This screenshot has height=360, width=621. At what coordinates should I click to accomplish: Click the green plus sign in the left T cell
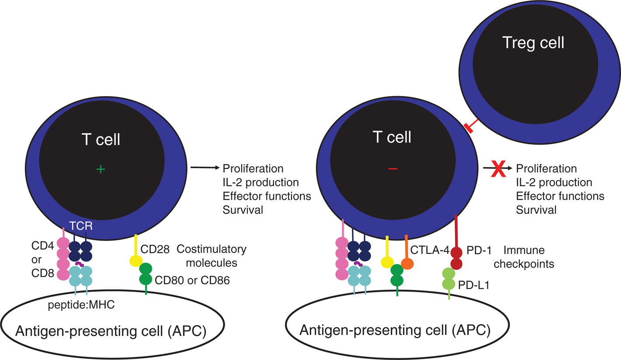[x=101, y=169]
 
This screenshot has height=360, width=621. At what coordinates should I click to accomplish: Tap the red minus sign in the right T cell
[x=393, y=169]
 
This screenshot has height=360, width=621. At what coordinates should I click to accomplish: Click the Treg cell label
[x=533, y=43]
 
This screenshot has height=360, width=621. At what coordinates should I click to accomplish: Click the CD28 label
[x=153, y=249]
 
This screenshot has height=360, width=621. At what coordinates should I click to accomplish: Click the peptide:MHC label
[x=81, y=305]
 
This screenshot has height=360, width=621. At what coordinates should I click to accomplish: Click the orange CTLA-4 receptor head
[x=407, y=264]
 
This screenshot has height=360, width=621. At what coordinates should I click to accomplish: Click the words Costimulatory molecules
[x=212, y=256]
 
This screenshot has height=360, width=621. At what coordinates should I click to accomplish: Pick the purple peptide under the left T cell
[x=80, y=264]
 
